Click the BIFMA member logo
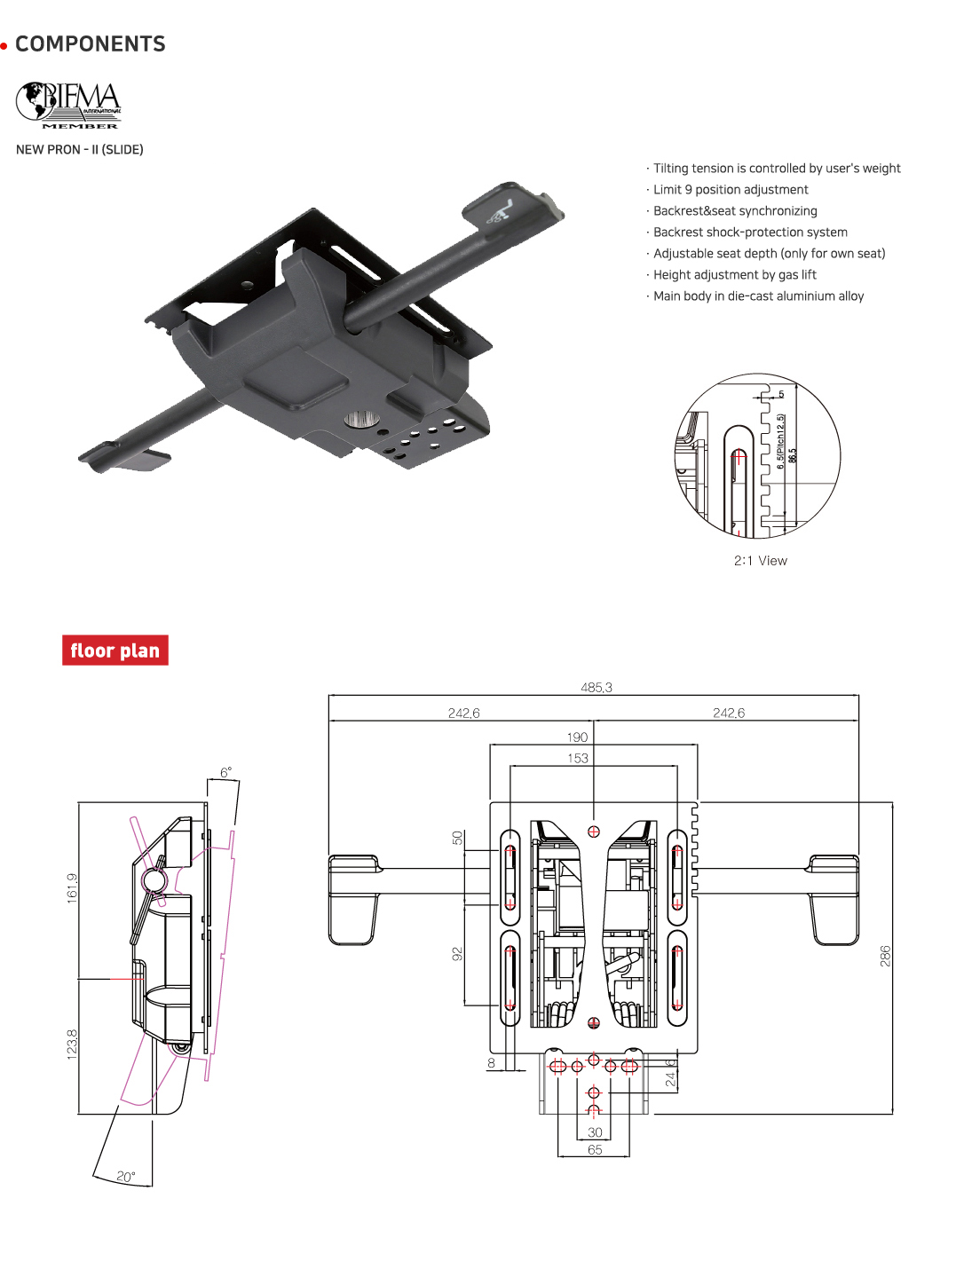(69, 105)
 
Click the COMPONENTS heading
(90, 44)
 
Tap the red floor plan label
(115, 650)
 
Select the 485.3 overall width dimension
(596, 688)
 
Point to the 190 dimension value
(577, 737)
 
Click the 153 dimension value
(577, 759)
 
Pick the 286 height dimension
(885, 956)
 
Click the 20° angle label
(126, 1177)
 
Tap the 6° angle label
(225, 773)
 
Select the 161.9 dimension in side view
(72, 887)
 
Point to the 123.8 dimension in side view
(72, 1045)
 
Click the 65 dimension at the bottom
(595, 1149)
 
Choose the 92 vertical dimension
(457, 954)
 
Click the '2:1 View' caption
(760, 561)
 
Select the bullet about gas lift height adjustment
(734, 275)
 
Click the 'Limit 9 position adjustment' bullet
(730, 190)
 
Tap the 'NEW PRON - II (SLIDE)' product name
(80, 150)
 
